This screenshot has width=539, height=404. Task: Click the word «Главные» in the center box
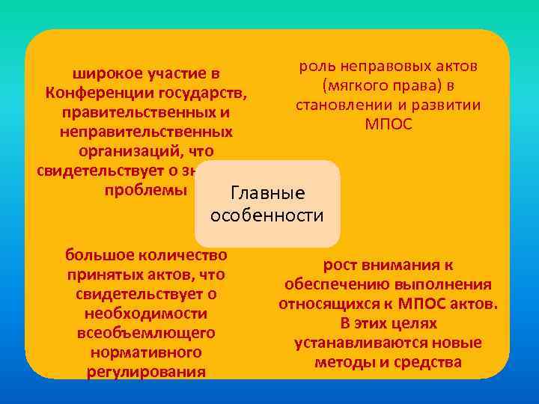coord(267,194)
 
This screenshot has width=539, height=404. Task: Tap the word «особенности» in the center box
coord(267,217)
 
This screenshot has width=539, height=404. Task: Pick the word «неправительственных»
coord(146,132)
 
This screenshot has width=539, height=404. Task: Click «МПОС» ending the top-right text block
coord(388,124)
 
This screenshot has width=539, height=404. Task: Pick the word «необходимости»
coord(146,313)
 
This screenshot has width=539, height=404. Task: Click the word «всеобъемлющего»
coord(146,332)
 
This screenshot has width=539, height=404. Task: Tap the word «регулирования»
coord(146,371)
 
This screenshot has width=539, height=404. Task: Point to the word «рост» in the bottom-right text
coord(341,265)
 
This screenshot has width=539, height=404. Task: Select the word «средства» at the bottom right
coord(431,363)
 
